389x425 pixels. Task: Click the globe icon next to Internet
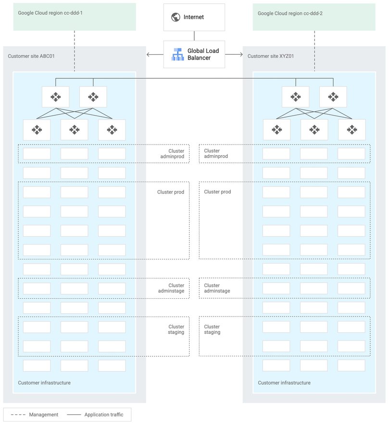(175, 17)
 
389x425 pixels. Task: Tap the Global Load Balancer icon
(178, 54)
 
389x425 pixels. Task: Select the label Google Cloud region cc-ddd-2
(290, 13)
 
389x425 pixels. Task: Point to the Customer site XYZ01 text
(270, 56)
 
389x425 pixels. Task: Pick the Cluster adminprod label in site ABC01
(173, 154)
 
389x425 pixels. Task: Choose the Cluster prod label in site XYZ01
(217, 192)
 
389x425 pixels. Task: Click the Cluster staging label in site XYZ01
(212, 329)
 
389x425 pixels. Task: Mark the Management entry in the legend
(43, 414)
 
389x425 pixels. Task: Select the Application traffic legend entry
(104, 414)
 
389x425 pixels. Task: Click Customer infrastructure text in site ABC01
(44, 383)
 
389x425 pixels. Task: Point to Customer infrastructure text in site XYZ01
(284, 383)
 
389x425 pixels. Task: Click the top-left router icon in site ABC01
(56, 97)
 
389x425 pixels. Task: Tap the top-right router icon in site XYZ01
(333, 97)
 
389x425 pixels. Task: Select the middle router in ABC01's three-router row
(75, 130)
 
